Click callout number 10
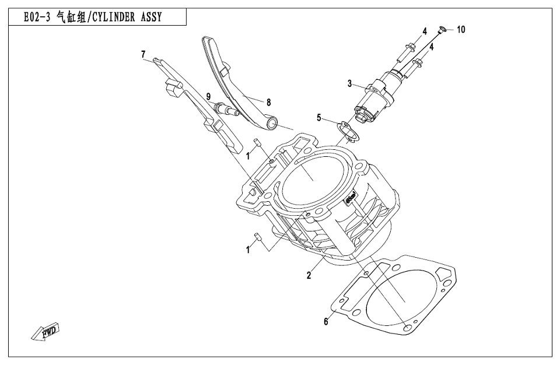[x=461, y=30]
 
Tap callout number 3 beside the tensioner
[x=350, y=84]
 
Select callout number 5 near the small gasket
[x=319, y=118]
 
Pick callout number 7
[x=143, y=54]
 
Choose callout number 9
[x=208, y=96]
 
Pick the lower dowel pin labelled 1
[x=256, y=237]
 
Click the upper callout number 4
[x=425, y=30]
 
